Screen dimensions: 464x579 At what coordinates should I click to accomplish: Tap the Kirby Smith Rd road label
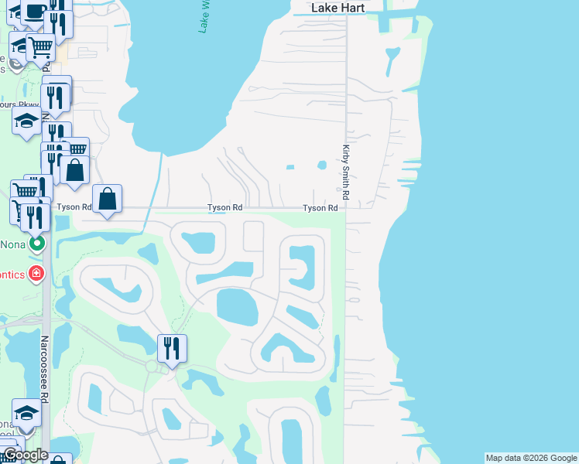(x=347, y=173)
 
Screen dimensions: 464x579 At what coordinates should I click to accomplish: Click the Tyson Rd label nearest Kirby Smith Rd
(x=320, y=208)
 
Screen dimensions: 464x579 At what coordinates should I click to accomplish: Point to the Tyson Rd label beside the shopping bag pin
(x=74, y=207)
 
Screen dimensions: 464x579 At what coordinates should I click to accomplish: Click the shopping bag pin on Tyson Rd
(x=108, y=199)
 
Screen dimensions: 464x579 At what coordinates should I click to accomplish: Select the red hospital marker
(x=36, y=273)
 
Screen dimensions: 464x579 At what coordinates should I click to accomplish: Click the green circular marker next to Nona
(x=36, y=244)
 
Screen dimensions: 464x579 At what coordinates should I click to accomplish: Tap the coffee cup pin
(x=35, y=11)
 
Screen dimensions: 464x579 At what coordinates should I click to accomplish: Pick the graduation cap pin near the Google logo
(x=26, y=411)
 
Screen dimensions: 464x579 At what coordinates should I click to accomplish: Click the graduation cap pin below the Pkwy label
(x=26, y=121)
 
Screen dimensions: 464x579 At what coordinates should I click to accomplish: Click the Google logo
(x=26, y=455)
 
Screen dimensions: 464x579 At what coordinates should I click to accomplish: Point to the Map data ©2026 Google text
(x=531, y=458)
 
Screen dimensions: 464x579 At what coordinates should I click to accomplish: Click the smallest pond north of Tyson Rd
(x=290, y=166)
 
